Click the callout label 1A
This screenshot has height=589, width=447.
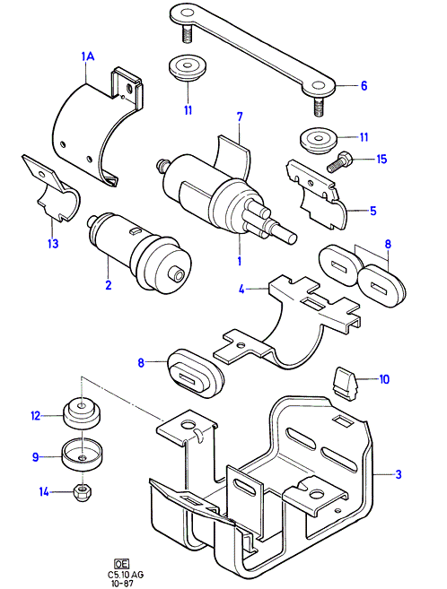[x=88, y=56]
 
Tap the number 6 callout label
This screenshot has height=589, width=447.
[x=364, y=86]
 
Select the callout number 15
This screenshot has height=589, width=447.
[x=381, y=159]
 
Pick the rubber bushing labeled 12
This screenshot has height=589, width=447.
[x=82, y=412]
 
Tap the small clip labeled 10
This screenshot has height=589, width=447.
[x=345, y=384]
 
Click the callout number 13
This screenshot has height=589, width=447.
[x=53, y=244]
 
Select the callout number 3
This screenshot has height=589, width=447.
[x=399, y=474]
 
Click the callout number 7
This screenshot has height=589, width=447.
[x=240, y=117]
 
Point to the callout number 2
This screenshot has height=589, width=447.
[x=109, y=285]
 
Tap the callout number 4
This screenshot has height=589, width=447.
[x=241, y=290]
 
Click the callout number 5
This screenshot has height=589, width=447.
[x=372, y=211]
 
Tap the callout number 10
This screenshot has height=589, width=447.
[x=384, y=379]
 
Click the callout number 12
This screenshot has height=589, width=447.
[x=35, y=416]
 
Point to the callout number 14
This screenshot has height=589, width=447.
[x=44, y=491]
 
